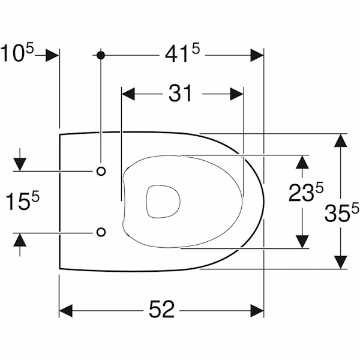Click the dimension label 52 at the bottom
(161, 309)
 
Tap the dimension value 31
(180, 93)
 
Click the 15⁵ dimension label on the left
(22, 200)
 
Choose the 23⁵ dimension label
(306, 192)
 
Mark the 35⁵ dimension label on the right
(341, 212)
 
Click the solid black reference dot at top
(101, 55)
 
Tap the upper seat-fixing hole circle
(101, 171)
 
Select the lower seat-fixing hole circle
(101, 232)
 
